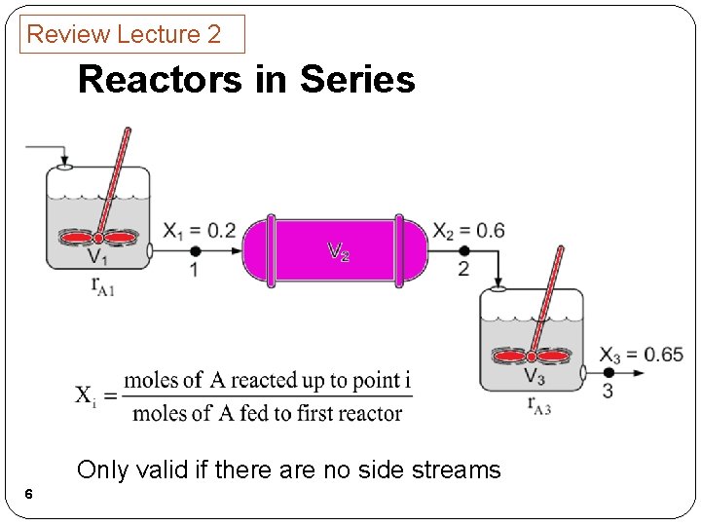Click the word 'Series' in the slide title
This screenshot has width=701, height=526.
[357, 79]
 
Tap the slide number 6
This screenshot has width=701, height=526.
[29, 496]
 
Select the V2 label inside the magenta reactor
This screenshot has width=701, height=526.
[338, 252]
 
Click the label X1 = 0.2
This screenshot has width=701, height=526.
[199, 231]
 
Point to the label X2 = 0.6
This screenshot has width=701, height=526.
[468, 231]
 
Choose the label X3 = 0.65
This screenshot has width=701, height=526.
[641, 354]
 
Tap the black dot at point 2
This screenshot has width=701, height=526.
[463, 250]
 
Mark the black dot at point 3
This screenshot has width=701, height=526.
[609, 372]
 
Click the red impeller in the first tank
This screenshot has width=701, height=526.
[96, 238]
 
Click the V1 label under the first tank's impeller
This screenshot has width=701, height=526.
[97, 257]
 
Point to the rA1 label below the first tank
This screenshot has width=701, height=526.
[102, 285]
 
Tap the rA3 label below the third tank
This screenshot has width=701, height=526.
[538, 405]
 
